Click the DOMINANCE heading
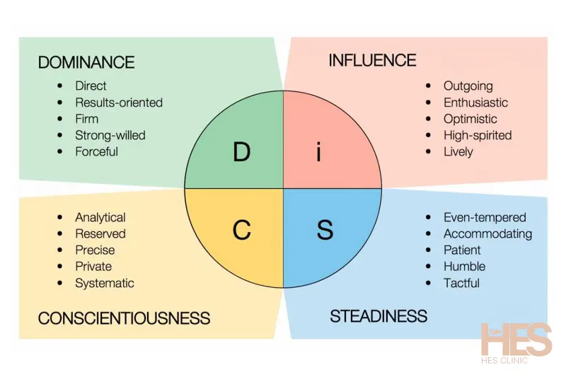(x=87, y=62)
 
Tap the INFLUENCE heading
(x=372, y=60)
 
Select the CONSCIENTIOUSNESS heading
(x=124, y=318)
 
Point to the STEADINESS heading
(x=379, y=315)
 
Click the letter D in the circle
(x=241, y=152)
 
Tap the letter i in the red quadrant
(x=319, y=151)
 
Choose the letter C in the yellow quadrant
(x=241, y=230)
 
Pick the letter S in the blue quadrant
(x=324, y=230)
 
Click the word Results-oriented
(x=119, y=103)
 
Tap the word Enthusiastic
(x=475, y=103)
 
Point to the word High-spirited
(x=478, y=135)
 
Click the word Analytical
(x=100, y=218)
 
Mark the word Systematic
(x=105, y=283)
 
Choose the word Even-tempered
(x=485, y=218)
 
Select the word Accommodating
(x=487, y=234)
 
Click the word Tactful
(x=461, y=283)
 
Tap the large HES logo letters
(x=516, y=340)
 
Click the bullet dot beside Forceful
(x=60, y=151)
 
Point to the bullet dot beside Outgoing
(x=428, y=86)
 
